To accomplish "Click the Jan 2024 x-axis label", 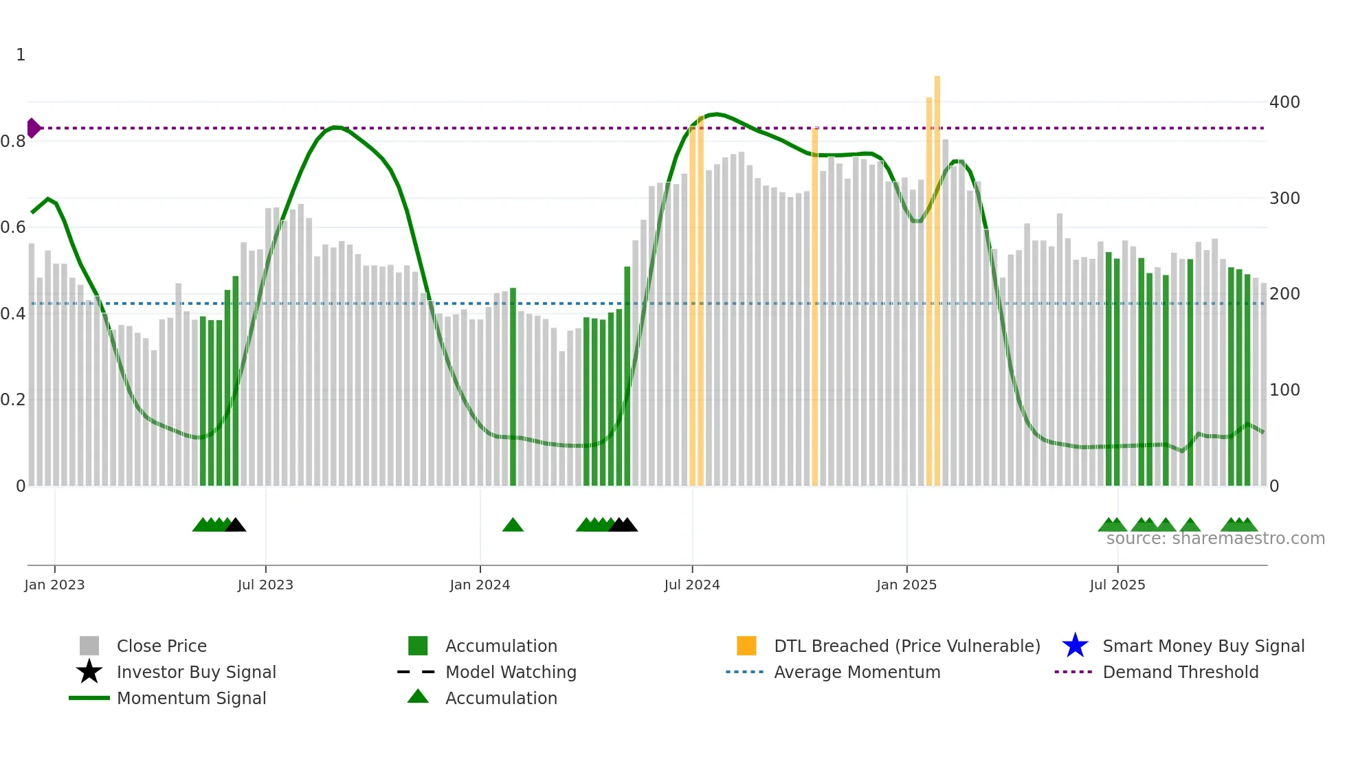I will (x=480, y=585).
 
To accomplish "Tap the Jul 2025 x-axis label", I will (x=1117, y=585).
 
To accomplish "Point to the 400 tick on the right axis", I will (x=1284, y=102).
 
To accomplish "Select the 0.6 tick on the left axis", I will (x=13, y=227).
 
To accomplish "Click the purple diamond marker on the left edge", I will (x=33, y=128).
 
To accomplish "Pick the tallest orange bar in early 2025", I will (x=937, y=275).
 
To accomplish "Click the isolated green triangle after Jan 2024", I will (x=513, y=526).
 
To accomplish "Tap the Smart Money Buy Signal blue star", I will (x=1075, y=646).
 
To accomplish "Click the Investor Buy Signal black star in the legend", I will (x=89, y=672).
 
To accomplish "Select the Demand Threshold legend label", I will (x=1180, y=672).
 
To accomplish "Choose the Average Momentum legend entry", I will (x=856, y=672).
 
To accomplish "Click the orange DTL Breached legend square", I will (x=746, y=646).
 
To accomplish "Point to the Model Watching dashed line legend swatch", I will (x=416, y=672).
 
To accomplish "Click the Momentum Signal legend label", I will (x=191, y=698).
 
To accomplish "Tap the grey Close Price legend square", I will (x=89, y=646).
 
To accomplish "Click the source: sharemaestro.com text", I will (x=1215, y=539).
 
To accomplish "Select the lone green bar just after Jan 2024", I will (x=513, y=385).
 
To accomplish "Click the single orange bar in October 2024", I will (x=815, y=309).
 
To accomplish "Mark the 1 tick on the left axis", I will (x=21, y=55).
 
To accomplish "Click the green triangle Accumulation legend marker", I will (x=418, y=697).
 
